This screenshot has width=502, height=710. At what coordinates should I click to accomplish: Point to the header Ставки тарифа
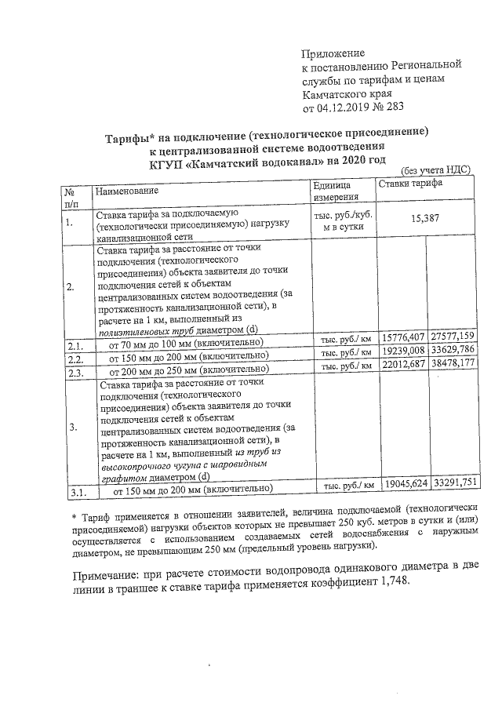click(x=409, y=184)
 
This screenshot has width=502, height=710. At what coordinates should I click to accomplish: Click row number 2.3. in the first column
click(x=77, y=371)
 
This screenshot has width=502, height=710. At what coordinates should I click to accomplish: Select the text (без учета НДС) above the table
click(x=435, y=170)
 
